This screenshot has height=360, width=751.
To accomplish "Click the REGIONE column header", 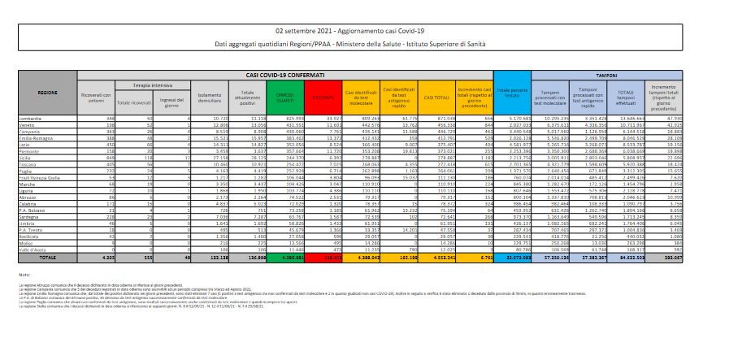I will (47, 93).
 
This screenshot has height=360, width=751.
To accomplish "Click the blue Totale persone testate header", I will (512, 93).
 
